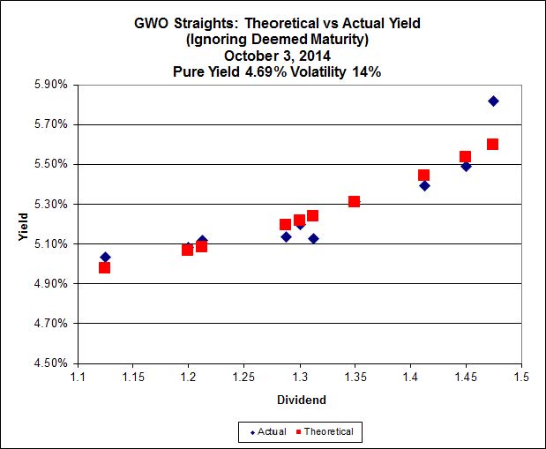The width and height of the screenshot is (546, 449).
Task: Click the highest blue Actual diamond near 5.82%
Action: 493,101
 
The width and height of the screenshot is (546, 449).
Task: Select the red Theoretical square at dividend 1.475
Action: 492,144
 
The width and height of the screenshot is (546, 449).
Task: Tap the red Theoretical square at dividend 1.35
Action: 354,201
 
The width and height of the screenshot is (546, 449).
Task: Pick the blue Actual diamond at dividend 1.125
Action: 106,257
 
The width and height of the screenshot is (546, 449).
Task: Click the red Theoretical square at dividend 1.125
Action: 105,267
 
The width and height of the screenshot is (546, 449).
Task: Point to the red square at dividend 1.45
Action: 465,157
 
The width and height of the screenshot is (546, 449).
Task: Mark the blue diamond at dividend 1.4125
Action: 424,185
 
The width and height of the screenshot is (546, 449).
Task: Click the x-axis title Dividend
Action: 300,400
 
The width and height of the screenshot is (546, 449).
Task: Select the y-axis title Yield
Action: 23,225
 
